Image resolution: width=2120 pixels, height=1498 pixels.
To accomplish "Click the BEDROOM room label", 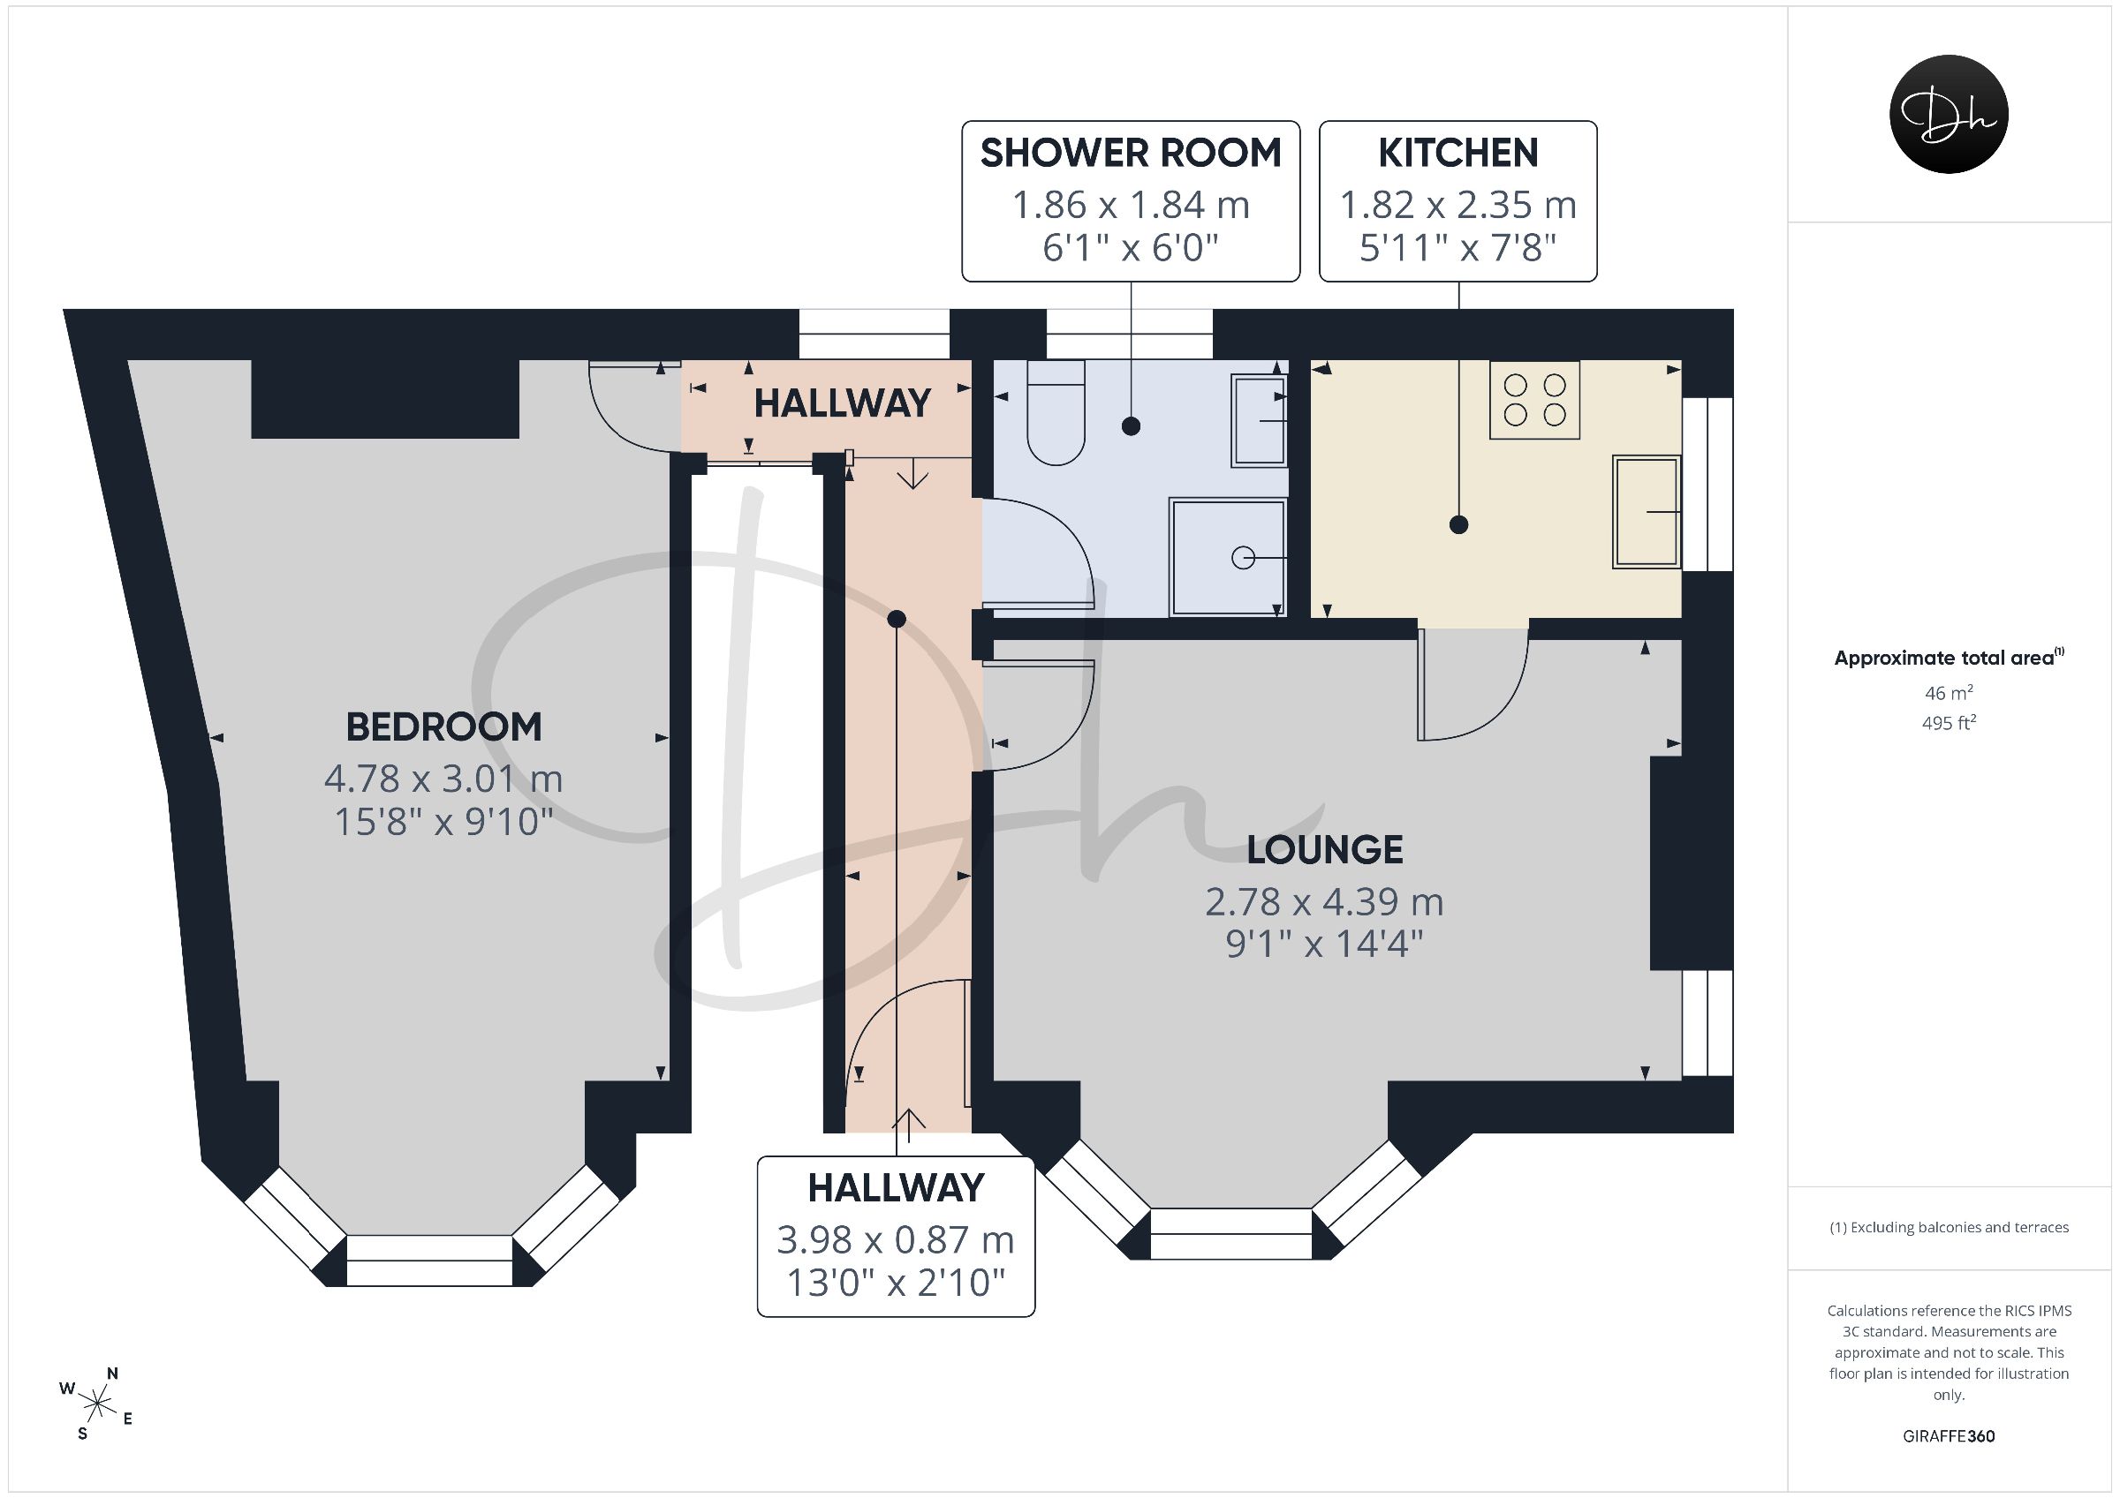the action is pyautogui.click(x=443, y=727).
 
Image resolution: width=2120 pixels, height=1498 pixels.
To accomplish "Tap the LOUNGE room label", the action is pyautogui.click(x=1324, y=850).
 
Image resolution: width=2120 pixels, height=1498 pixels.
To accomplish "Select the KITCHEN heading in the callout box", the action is pyautogui.click(x=1458, y=154).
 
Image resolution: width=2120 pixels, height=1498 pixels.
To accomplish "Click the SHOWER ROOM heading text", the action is pyautogui.click(x=1130, y=154).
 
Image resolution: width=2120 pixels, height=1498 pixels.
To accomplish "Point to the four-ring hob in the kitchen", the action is pyautogui.click(x=1534, y=400).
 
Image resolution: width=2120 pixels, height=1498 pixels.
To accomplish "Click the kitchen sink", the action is pyautogui.click(x=1647, y=511).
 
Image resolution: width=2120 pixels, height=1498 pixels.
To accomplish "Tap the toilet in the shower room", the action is pyautogui.click(x=1056, y=412).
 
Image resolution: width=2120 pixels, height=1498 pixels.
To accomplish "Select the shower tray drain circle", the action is pyautogui.click(x=1243, y=559).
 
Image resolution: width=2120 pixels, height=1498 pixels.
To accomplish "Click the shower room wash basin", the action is pyautogui.click(x=1259, y=421).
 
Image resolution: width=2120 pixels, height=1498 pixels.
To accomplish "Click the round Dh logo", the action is pyautogui.click(x=1949, y=115).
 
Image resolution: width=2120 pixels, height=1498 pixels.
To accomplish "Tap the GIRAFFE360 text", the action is pyautogui.click(x=1949, y=1436).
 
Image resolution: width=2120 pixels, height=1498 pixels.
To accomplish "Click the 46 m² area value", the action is pyautogui.click(x=1949, y=692).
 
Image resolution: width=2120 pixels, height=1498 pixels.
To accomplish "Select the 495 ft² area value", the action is pyautogui.click(x=1949, y=723).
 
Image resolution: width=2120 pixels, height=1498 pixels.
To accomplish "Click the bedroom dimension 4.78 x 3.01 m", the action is pyautogui.click(x=443, y=779).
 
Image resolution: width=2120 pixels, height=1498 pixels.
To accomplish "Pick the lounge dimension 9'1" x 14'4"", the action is pyautogui.click(x=1324, y=945).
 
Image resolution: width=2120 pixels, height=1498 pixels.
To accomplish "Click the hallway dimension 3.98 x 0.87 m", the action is pyautogui.click(x=895, y=1240).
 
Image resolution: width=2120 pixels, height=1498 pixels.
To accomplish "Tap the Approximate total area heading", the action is pyautogui.click(x=1949, y=657).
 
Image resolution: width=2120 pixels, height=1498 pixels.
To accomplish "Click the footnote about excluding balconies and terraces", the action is pyautogui.click(x=1949, y=1228).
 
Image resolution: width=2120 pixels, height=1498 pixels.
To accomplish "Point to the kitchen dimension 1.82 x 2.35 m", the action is pyautogui.click(x=1458, y=205).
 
